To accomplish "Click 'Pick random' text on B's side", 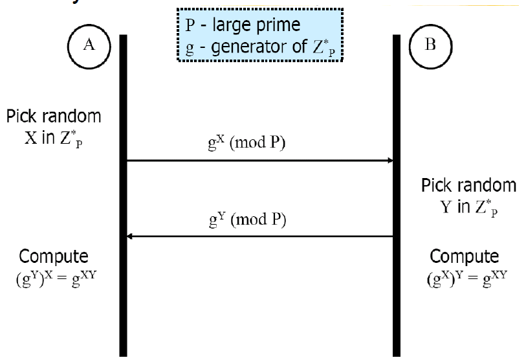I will [469, 186].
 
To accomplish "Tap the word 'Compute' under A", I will [54, 254].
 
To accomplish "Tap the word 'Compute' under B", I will [465, 254].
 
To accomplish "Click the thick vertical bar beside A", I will [123, 194].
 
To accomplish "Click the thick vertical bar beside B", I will [397, 194].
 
